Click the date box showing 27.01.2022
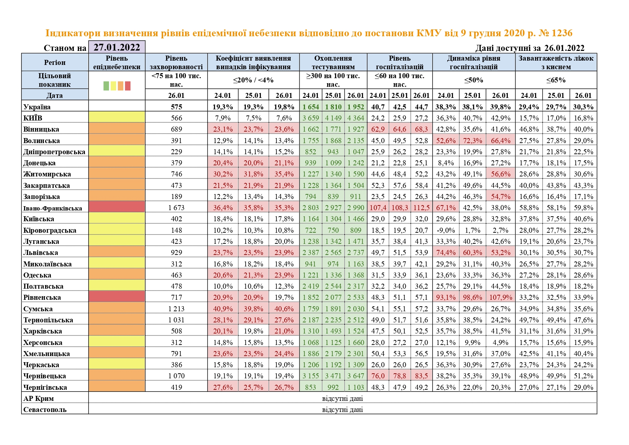click(x=117, y=47)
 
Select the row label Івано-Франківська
click(x=53, y=208)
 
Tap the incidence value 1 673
click(x=176, y=208)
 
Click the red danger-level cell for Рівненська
click(x=117, y=297)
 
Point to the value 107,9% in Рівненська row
click(x=500, y=297)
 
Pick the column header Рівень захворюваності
click(x=176, y=62)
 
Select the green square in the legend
click(x=106, y=86)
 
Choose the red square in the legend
click(x=128, y=86)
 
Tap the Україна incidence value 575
click(x=176, y=107)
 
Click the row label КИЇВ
click(x=33, y=118)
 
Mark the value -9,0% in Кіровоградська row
click(x=445, y=230)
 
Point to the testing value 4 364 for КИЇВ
click(x=356, y=118)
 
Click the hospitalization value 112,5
click(x=421, y=208)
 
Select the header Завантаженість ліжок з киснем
click(x=556, y=62)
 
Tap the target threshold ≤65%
click(x=556, y=80)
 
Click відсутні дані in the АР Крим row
click(x=342, y=398)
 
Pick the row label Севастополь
click(x=45, y=410)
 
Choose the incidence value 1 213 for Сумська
click(x=176, y=309)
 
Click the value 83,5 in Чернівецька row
click(x=421, y=376)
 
